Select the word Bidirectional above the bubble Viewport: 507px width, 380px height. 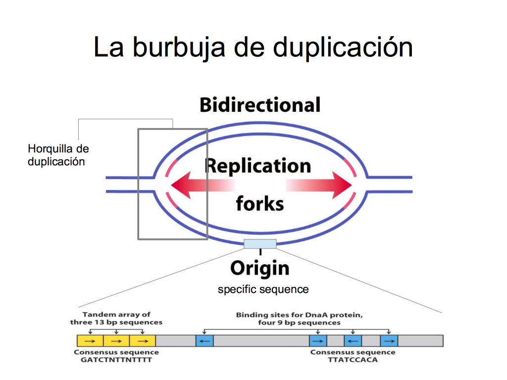[260, 105]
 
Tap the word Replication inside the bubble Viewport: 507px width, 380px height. [258, 166]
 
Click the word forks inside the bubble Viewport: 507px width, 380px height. [260, 203]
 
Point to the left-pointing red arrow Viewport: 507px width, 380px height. [203, 185]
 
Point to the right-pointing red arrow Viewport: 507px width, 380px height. [319, 185]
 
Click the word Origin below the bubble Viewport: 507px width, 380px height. [260, 269]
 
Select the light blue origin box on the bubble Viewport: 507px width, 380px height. [260, 243]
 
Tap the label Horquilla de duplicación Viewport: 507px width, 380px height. [58, 155]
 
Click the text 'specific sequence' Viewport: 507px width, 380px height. [263, 289]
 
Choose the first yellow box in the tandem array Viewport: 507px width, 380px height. [90, 341]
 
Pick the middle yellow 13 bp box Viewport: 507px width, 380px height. [116, 341]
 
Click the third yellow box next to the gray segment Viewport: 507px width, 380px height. [143, 341]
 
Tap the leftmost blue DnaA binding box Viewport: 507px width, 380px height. [204, 341]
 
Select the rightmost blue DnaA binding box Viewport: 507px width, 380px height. [389, 341]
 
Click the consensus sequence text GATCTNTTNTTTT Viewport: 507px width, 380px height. [116, 360]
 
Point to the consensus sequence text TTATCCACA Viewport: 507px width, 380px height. [353, 360]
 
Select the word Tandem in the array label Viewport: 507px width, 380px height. [95, 314]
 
